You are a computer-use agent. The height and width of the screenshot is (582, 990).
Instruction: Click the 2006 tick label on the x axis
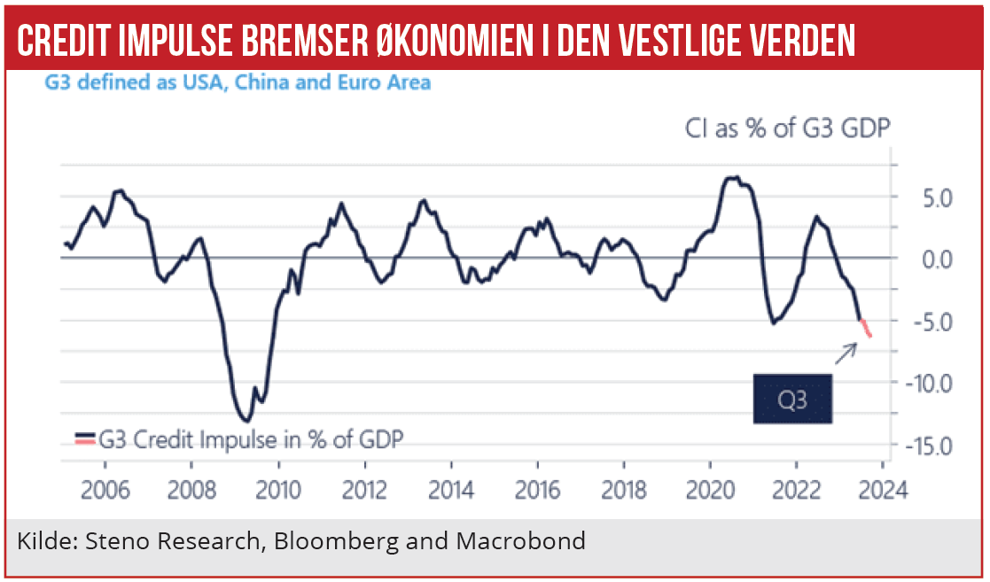(x=105, y=491)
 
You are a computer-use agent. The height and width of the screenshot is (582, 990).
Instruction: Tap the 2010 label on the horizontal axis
(x=278, y=491)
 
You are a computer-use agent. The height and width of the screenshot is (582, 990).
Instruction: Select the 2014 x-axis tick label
(x=451, y=491)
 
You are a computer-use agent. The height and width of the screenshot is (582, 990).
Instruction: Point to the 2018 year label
(x=623, y=491)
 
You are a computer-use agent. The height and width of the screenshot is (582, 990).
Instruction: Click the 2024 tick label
(x=882, y=491)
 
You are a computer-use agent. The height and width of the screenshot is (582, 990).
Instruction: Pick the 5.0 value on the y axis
(x=934, y=197)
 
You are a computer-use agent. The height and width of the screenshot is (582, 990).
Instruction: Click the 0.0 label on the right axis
(x=934, y=259)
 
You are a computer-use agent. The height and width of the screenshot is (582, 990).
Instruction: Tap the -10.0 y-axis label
(x=928, y=383)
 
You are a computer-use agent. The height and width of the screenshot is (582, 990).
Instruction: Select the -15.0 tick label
(x=928, y=445)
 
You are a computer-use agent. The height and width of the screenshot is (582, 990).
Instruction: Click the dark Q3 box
(x=792, y=399)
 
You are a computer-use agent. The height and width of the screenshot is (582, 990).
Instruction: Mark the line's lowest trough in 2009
(x=247, y=421)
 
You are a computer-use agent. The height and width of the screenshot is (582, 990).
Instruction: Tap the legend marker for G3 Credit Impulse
(x=84, y=438)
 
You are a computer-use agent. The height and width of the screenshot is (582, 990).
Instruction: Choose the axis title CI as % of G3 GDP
(x=787, y=129)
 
